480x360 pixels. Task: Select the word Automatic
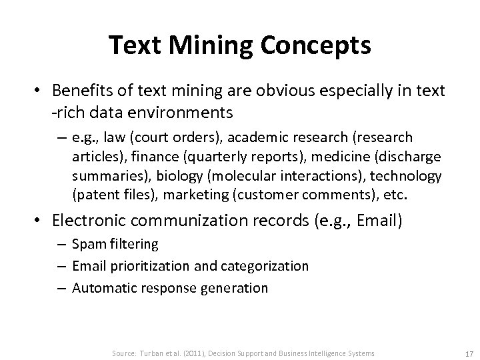pos(99,287)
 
